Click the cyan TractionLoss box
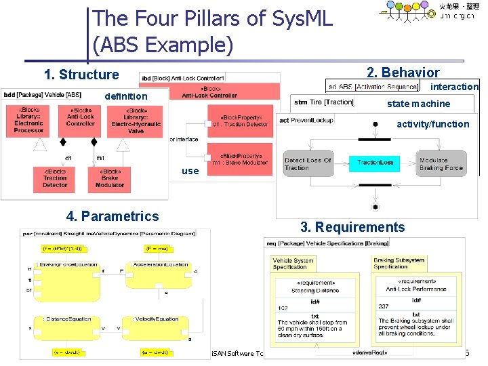point(375,163)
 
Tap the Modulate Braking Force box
point(441,163)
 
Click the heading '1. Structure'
point(81,75)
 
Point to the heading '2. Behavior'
point(403,73)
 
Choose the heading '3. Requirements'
point(352,227)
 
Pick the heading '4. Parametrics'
point(113,216)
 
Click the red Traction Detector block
point(55,178)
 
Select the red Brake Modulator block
point(110,178)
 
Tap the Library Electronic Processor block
point(29,121)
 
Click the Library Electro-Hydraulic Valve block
point(136,121)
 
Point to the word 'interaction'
point(454,87)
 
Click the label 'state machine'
point(418,104)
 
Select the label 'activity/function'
point(432,124)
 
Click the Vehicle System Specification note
point(293,263)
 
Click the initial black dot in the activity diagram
point(375,125)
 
